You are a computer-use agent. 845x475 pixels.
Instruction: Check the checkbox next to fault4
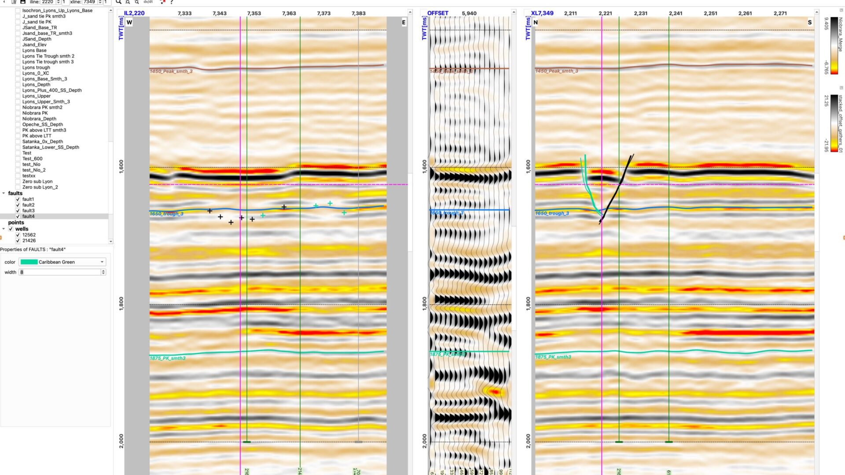[x=18, y=216]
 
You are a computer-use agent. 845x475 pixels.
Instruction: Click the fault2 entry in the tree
[x=28, y=205]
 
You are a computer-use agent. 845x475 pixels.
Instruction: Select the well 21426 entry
[x=29, y=241]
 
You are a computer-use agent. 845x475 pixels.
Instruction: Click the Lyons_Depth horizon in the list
[x=36, y=84]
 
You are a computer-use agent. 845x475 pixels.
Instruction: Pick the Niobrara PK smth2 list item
[x=42, y=107]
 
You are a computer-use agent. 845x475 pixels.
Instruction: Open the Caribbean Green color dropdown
[x=62, y=262]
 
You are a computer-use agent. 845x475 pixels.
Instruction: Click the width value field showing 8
[x=60, y=272]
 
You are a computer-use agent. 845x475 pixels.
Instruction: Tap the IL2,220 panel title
[x=134, y=13]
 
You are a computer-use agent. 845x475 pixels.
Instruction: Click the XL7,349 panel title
[x=542, y=13]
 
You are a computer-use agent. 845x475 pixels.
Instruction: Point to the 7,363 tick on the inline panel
[x=289, y=13]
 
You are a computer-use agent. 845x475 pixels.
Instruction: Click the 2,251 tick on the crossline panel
[x=710, y=13]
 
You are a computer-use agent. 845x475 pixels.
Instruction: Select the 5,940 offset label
[x=469, y=13]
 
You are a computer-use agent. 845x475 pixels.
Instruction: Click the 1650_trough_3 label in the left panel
[x=166, y=214]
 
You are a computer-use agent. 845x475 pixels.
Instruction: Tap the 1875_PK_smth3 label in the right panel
[x=553, y=357]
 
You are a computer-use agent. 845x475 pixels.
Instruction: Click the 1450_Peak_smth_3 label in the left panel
[x=171, y=71]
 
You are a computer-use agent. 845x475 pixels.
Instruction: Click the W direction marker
[x=129, y=22]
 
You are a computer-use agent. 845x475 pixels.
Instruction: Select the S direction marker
[x=809, y=22]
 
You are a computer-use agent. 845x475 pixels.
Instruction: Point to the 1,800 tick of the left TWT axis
[x=121, y=303]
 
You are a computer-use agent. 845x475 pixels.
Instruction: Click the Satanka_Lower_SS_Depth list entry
[x=51, y=147]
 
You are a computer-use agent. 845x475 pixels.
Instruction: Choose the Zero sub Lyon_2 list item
[x=40, y=187]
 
